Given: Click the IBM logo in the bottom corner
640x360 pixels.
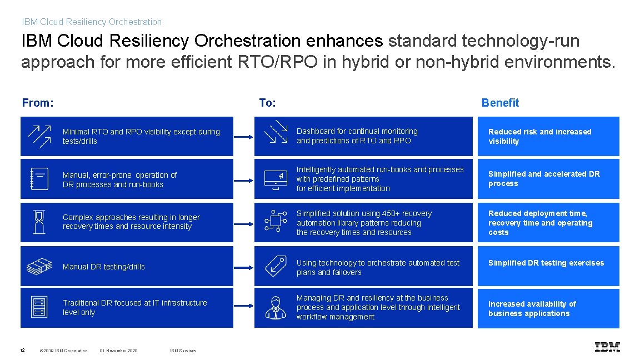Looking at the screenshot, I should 607,347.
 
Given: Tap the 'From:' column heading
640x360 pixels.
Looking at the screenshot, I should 38,103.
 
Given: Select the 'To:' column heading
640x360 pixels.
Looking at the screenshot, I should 267,103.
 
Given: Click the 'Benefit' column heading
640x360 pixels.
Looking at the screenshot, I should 500,103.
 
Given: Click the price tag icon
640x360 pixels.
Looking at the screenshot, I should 276,266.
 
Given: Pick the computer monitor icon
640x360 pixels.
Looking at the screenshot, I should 276,179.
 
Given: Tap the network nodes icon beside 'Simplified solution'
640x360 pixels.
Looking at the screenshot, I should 276,222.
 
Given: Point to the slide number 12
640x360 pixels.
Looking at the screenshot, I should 22,350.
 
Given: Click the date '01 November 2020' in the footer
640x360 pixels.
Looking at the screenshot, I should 119,351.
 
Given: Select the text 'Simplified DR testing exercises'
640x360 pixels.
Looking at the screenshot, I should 546,263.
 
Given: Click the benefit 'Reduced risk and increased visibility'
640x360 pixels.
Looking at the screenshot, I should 539,136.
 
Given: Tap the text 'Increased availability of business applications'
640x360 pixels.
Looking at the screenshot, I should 532,308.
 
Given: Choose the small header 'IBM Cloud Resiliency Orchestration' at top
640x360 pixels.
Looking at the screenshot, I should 92,22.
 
